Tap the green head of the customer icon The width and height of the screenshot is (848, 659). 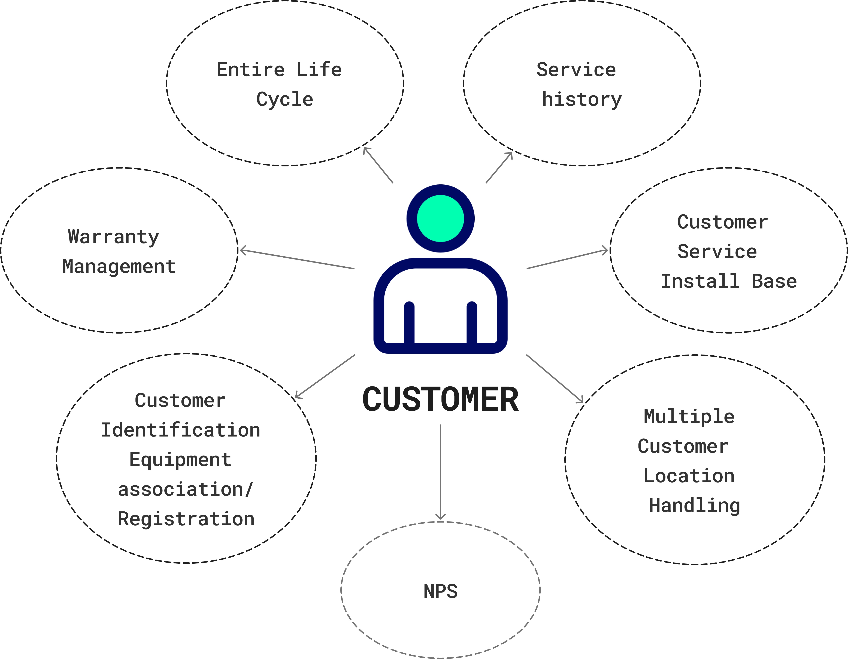tap(440, 218)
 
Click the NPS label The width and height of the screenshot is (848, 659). tap(440, 591)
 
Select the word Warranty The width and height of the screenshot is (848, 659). tap(113, 237)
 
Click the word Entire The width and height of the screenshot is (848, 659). tap(250, 70)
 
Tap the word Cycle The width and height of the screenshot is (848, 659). tap(285, 99)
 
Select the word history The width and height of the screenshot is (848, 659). tap(582, 99)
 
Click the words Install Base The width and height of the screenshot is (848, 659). tap(728, 281)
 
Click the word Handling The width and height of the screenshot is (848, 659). tap(695, 505)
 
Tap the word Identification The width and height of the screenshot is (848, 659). tap(181, 430)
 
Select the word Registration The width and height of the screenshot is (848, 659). tap(186, 519)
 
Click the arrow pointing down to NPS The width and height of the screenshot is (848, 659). tap(440, 472)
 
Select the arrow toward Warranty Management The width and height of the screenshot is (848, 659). tap(297, 259)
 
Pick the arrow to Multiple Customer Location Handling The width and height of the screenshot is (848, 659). tap(555, 378)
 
